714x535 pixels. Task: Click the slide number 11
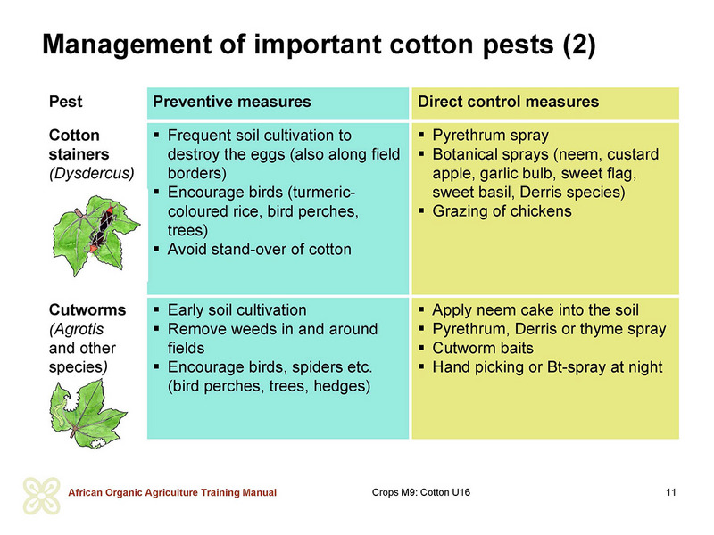tap(671, 492)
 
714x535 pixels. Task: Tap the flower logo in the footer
tap(41, 496)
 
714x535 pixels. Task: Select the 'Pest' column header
tap(65, 102)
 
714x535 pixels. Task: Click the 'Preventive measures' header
tap(232, 102)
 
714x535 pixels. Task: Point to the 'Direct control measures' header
tap(508, 102)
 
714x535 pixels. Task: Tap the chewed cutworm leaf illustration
tap(87, 414)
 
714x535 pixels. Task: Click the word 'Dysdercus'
tap(92, 173)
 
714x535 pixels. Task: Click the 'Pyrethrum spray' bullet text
tap(490, 136)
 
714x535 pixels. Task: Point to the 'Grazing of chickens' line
tap(502, 211)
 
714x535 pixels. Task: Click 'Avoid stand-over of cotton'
tap(260, 250)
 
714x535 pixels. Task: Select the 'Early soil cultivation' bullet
tap(237, 309)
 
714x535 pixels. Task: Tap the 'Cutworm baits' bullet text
tap(483, 348)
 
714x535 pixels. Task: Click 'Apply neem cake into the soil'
tap(535, 309)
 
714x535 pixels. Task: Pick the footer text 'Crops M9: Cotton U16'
tap(420, 492)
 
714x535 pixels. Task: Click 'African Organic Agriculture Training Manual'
tap(172, 492)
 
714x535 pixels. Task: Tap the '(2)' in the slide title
tap(578, 45)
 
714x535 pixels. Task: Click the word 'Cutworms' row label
tap(87, 309)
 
